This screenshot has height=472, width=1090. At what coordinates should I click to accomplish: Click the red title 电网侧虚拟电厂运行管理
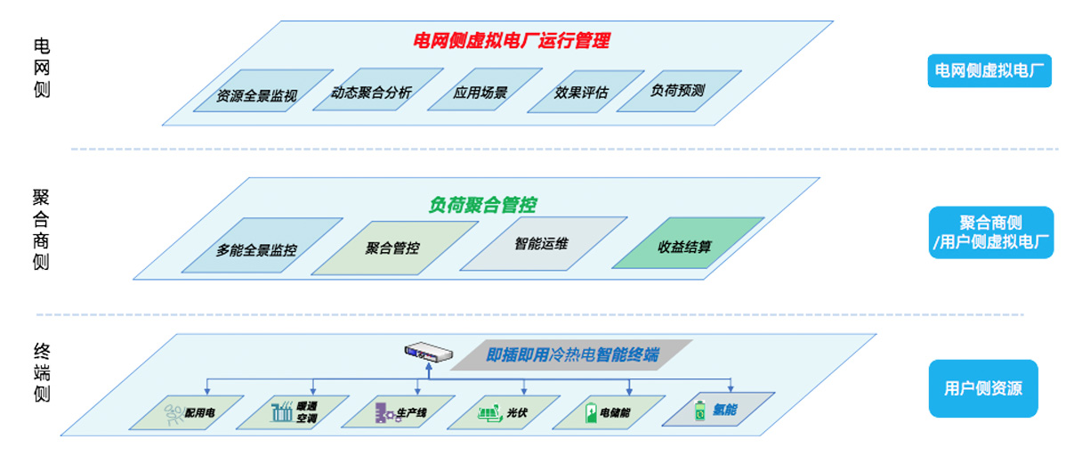click(x=512, y=41)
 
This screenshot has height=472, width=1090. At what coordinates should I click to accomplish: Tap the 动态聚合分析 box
click(x=372, y=91)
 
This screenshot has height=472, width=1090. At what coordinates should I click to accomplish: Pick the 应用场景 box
click(x=480, y=91)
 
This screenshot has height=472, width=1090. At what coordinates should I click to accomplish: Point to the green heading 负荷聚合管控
click(x=482, y=206)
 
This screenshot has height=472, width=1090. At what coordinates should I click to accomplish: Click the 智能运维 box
click(x=541, y=243)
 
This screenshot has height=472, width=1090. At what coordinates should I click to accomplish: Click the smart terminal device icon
click(x=424, y=353)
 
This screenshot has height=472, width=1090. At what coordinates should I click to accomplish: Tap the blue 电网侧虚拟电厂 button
click(x=989, y=69)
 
